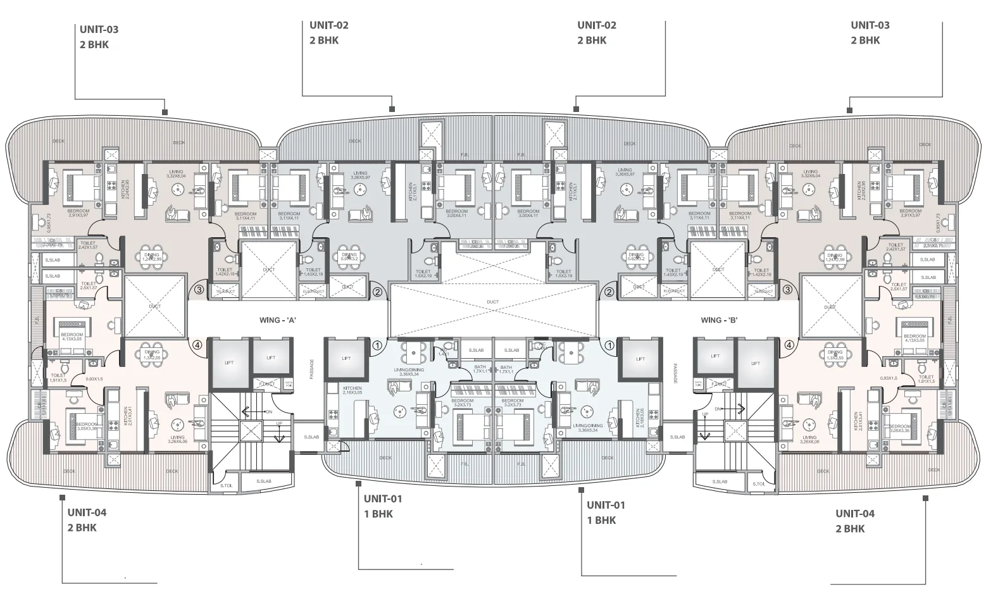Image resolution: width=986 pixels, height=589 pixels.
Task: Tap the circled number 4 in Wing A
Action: (197, 345)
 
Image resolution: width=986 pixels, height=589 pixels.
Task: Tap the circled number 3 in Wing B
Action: (788, 290)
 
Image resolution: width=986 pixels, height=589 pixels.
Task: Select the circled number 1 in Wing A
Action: (377, 345)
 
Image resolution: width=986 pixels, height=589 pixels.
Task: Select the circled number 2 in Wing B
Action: (609, 292)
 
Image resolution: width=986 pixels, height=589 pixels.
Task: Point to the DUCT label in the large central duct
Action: (493, 302)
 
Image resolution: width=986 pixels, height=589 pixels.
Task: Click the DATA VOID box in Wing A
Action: (289, 383)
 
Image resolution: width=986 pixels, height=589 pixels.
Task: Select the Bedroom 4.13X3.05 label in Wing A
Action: (72, 337)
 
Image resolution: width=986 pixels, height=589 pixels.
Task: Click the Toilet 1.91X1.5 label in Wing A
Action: (58, 378)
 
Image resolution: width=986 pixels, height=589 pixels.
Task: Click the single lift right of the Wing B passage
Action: (640, 359)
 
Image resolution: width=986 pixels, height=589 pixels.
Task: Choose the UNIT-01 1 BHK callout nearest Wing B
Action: (606, 512)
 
